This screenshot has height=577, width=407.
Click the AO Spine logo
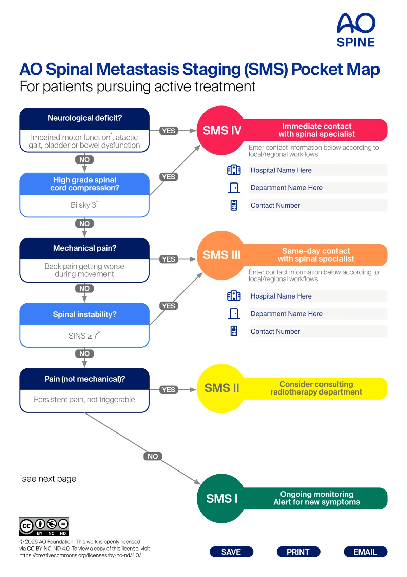[356, 30]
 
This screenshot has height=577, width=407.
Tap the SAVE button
[231, 552]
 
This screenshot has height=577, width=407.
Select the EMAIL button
[365, 552]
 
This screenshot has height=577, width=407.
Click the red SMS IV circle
[221, 130]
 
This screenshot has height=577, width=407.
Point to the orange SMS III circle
[221, 255]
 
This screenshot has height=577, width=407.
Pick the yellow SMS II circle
[221, 388]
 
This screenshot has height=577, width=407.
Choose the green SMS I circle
[221, 498]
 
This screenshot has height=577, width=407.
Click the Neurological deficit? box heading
[84, 118]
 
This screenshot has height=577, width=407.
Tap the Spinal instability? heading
[84, 314]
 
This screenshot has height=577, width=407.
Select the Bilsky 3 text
[84, 205]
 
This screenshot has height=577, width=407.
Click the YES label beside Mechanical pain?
[169, 259]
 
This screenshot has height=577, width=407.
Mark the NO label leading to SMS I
[153, 457]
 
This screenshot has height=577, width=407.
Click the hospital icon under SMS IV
[234, 170]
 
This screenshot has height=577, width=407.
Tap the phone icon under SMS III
[234, 331]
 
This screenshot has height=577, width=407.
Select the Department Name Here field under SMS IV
[318, 188]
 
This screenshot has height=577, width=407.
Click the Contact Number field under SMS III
[318, 331]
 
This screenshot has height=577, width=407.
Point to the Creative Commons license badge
[44, 526]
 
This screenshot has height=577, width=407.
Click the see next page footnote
[48, 479]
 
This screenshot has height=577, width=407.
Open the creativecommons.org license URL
[80, 555]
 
